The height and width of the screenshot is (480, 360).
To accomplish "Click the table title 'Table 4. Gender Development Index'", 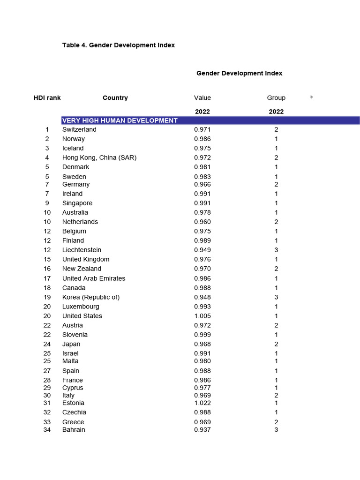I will pos(118,45).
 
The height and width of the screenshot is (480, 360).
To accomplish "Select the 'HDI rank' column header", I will pos(47,98).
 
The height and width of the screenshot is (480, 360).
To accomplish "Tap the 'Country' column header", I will pos(115,98).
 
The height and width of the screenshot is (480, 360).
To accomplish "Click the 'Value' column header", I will pos(202,98).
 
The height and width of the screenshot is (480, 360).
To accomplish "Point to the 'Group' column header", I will pos(276,98).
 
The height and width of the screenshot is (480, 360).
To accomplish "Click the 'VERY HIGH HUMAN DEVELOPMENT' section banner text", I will pos(120,120).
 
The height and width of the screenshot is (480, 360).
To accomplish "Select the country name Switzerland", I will pos(79,129).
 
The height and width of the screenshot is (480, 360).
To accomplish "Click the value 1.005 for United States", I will pos(202,316).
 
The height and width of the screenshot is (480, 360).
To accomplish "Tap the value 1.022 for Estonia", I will pos(202,403).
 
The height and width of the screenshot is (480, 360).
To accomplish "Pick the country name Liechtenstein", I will pos(82,250).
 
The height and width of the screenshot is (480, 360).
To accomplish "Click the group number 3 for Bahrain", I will pos(276,430).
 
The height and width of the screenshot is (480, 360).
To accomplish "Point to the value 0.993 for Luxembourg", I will pos(202,307).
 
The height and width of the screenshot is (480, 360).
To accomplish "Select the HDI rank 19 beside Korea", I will pos(47,297).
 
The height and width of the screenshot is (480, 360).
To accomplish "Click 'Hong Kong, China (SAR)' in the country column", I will pos(99,157).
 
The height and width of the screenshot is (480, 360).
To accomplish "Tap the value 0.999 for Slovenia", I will pos(202,335).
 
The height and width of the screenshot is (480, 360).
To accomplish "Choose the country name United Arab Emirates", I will pos(94,278).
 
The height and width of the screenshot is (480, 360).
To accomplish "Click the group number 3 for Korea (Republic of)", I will pos(276,297).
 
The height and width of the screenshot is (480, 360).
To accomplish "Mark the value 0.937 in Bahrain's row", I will pos(202,430).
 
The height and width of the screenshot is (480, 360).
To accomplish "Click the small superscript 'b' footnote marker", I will pos(311,97).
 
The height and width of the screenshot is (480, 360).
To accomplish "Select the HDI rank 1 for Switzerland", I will pos(47,129).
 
